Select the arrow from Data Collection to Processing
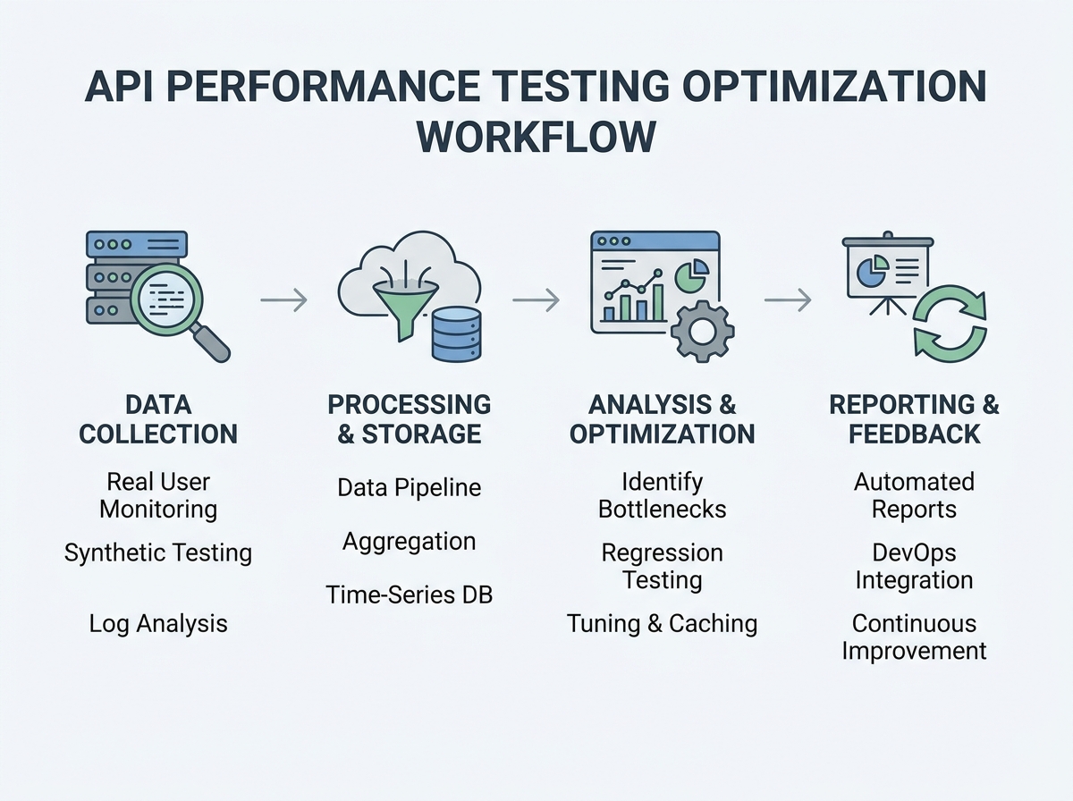click(x=283, y=300)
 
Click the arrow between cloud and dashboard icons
click(x=536, y=300)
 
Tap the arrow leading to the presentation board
click(x=788, y=300)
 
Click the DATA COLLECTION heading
click(x=158, y=419)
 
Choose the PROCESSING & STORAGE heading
click(x=410, y=419)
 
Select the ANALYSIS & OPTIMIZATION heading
click(x=663, y=419)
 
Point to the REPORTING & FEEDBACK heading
click(x=914, y=419)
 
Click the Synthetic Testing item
click(x=158, y=552)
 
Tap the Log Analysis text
click(x=158, y=623)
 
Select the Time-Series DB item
click(x=410, y=594)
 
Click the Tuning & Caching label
click(x=663, y=623)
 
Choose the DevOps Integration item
click(x=914, y=566)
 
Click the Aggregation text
click(x=410, y=541)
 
